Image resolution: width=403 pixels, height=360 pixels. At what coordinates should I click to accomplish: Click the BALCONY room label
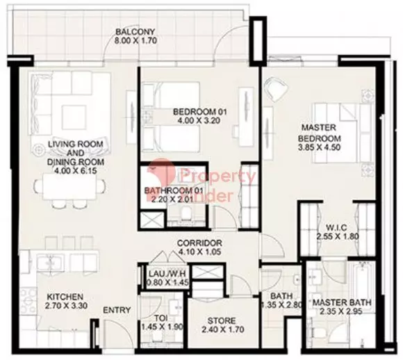tap(135, 32)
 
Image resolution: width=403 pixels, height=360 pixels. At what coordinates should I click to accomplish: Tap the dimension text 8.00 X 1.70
tap(135, 40)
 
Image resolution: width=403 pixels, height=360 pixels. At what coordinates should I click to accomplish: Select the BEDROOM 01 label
tap(199, 112)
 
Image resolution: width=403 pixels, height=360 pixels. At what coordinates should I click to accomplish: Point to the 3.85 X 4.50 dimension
tap(319, 147)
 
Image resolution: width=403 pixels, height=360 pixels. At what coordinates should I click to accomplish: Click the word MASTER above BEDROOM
tap(319, 127)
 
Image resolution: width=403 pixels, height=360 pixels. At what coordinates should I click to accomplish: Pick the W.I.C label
tap(337, 227)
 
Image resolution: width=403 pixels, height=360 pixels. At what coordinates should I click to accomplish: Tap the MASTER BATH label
tap(342, 302)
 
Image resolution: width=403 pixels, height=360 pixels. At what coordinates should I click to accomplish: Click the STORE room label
tap(221, 320)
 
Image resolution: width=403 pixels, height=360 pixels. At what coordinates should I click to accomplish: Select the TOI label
tap(162, 318)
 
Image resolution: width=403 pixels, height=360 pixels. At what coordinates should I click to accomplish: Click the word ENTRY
tap(117, 311)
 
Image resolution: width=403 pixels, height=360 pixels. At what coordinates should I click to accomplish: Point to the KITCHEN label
tap(65, 297)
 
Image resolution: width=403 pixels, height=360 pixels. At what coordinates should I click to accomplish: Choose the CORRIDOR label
tap(199, 243)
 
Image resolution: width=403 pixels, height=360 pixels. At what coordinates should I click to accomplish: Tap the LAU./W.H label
tap(167, 274)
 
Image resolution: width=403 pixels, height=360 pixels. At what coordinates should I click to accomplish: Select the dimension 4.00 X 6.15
tap(76, 170)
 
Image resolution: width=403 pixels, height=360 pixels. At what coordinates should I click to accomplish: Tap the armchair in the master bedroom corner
tap(277, 89)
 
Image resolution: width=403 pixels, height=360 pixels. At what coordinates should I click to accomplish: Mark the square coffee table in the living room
tap(74, 117)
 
